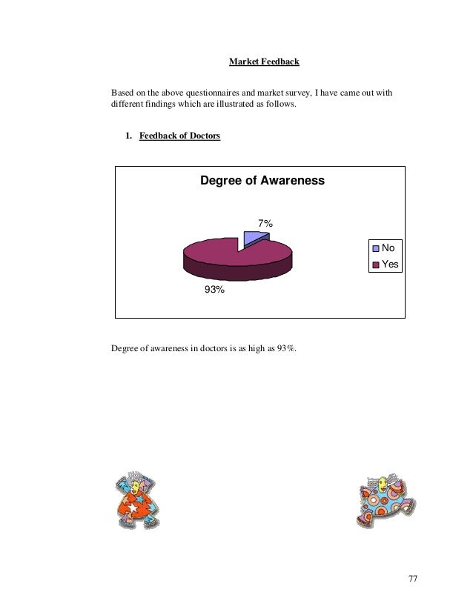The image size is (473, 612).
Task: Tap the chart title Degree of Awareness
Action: pos(263,182)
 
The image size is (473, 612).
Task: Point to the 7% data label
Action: pos(265,223)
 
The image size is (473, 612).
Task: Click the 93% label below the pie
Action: pos(214,291)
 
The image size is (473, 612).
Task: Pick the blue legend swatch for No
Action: pos(377,248)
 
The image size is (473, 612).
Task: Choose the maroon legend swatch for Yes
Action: pos(377,263)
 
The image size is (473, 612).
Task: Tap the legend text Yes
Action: pos(390,263)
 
